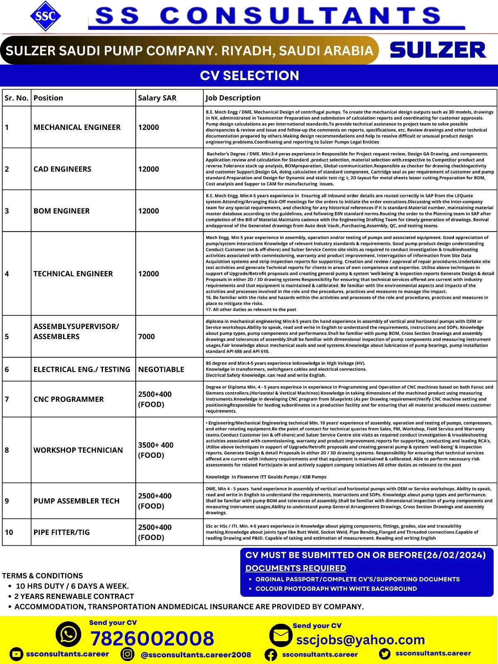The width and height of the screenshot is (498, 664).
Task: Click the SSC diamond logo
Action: (x=45, y=16)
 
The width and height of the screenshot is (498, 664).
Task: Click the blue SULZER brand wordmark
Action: (x=438, y=50)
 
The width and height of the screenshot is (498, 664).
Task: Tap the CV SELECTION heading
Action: (x=249, y=76)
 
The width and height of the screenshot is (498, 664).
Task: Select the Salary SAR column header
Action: (x=157, y=98)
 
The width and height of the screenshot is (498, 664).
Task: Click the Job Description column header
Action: (x=233, y=98)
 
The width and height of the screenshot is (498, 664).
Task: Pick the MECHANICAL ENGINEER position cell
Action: (x=77, y=127)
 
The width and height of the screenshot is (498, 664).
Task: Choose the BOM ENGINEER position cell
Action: (x=62, y=211)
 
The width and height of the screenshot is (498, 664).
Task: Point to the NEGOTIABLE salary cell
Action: (x=161, y=369)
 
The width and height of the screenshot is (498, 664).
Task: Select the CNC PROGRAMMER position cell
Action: (x=69, y=399)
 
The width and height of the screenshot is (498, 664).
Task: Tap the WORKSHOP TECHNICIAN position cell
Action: (x=78, y=450)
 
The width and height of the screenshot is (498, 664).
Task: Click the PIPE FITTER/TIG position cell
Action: (x=62, y=532)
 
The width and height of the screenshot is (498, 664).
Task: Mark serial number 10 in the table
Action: (x=9, y=532)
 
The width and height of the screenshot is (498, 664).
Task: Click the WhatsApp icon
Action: (x=68, y=635)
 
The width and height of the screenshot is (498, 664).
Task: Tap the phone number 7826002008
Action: (x=152, y=638)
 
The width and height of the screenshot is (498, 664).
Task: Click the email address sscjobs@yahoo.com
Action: (x=361, y=640)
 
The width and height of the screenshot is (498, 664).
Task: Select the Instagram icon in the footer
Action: (x=128, y=654)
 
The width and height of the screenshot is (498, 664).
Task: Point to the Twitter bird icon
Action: (x=385, y=654)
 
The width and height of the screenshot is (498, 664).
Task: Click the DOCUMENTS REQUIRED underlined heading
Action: (x=295, y=568)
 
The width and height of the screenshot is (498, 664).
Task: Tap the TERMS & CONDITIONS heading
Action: (x=42, y=576)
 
